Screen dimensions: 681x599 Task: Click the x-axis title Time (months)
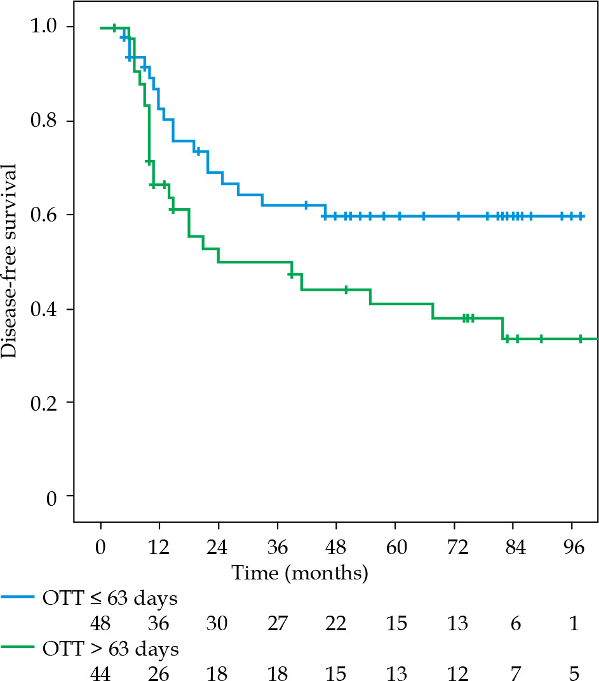coord(300,574)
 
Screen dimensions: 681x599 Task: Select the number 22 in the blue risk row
coord(337,624)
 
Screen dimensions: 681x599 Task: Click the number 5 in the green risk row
coord(574,671)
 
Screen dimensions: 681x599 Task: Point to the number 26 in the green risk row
coord(159,671)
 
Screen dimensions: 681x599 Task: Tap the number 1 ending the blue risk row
coord(574,624)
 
